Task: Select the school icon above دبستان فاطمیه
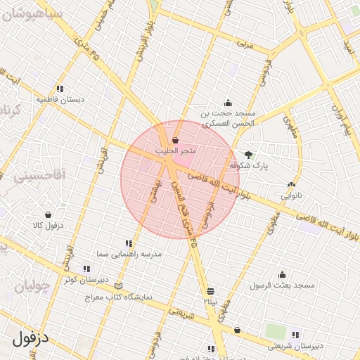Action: [x=60, y=89]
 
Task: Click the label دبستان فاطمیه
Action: [x=60, y=100]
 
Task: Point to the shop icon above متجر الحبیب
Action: [x=175, y=141]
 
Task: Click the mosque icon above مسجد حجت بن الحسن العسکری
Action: [x=228, y=103]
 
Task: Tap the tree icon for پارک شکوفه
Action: [x=247, y=155]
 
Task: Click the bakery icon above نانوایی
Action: [x=291, y=185]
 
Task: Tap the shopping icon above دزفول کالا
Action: [x=48, y=215]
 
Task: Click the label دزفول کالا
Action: [x=48, y=226]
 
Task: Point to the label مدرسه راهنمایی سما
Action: [x=130, y=252]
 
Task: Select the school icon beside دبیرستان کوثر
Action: [x=86, y=269]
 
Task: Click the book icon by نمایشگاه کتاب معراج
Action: [x=118, y=286]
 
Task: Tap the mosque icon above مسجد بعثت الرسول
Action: [x=283, y=275]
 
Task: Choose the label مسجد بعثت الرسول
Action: [x=283, y=285]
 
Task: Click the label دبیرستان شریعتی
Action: [x=296, y=345]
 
